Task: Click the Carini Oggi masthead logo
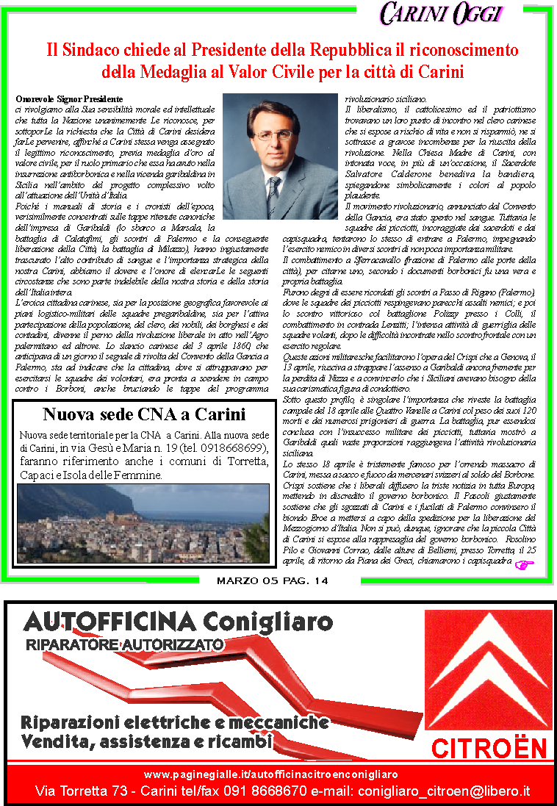click(x=442, y=12)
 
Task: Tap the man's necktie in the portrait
click(x=273, y=195)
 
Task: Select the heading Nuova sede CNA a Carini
click(x=144, y=414)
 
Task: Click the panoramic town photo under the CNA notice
click(x=144, y=524)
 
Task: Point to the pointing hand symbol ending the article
click(x=525, y=564)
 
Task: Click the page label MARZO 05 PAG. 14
click(x=273, y=581)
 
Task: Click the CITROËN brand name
click(x=489, y=749)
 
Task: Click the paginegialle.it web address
click(x=271, y=774)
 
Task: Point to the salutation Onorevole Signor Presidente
click(x=68, y=98)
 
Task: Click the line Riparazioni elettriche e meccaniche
click(x=175, y=722)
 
